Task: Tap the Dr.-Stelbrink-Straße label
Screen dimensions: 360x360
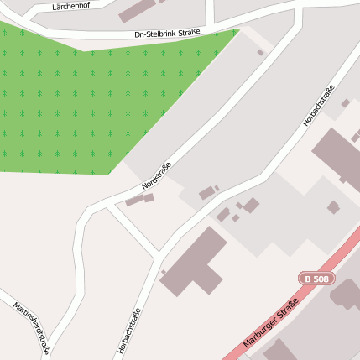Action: [x=167, y=34]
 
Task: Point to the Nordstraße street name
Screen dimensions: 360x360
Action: [x=156, y=175]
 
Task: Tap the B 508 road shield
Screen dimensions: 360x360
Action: [x=314, y=278]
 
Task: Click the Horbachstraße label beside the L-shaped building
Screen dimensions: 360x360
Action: [x=130, y=331]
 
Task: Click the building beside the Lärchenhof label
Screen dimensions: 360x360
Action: [x=138, y=10]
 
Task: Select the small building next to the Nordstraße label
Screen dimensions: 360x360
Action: [x=140, y=200]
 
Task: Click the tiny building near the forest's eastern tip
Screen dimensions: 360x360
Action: [x=260, y=53]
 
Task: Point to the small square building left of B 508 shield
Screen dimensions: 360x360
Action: [x=333, y=206]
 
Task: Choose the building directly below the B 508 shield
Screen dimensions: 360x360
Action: [x=346, y=295]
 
